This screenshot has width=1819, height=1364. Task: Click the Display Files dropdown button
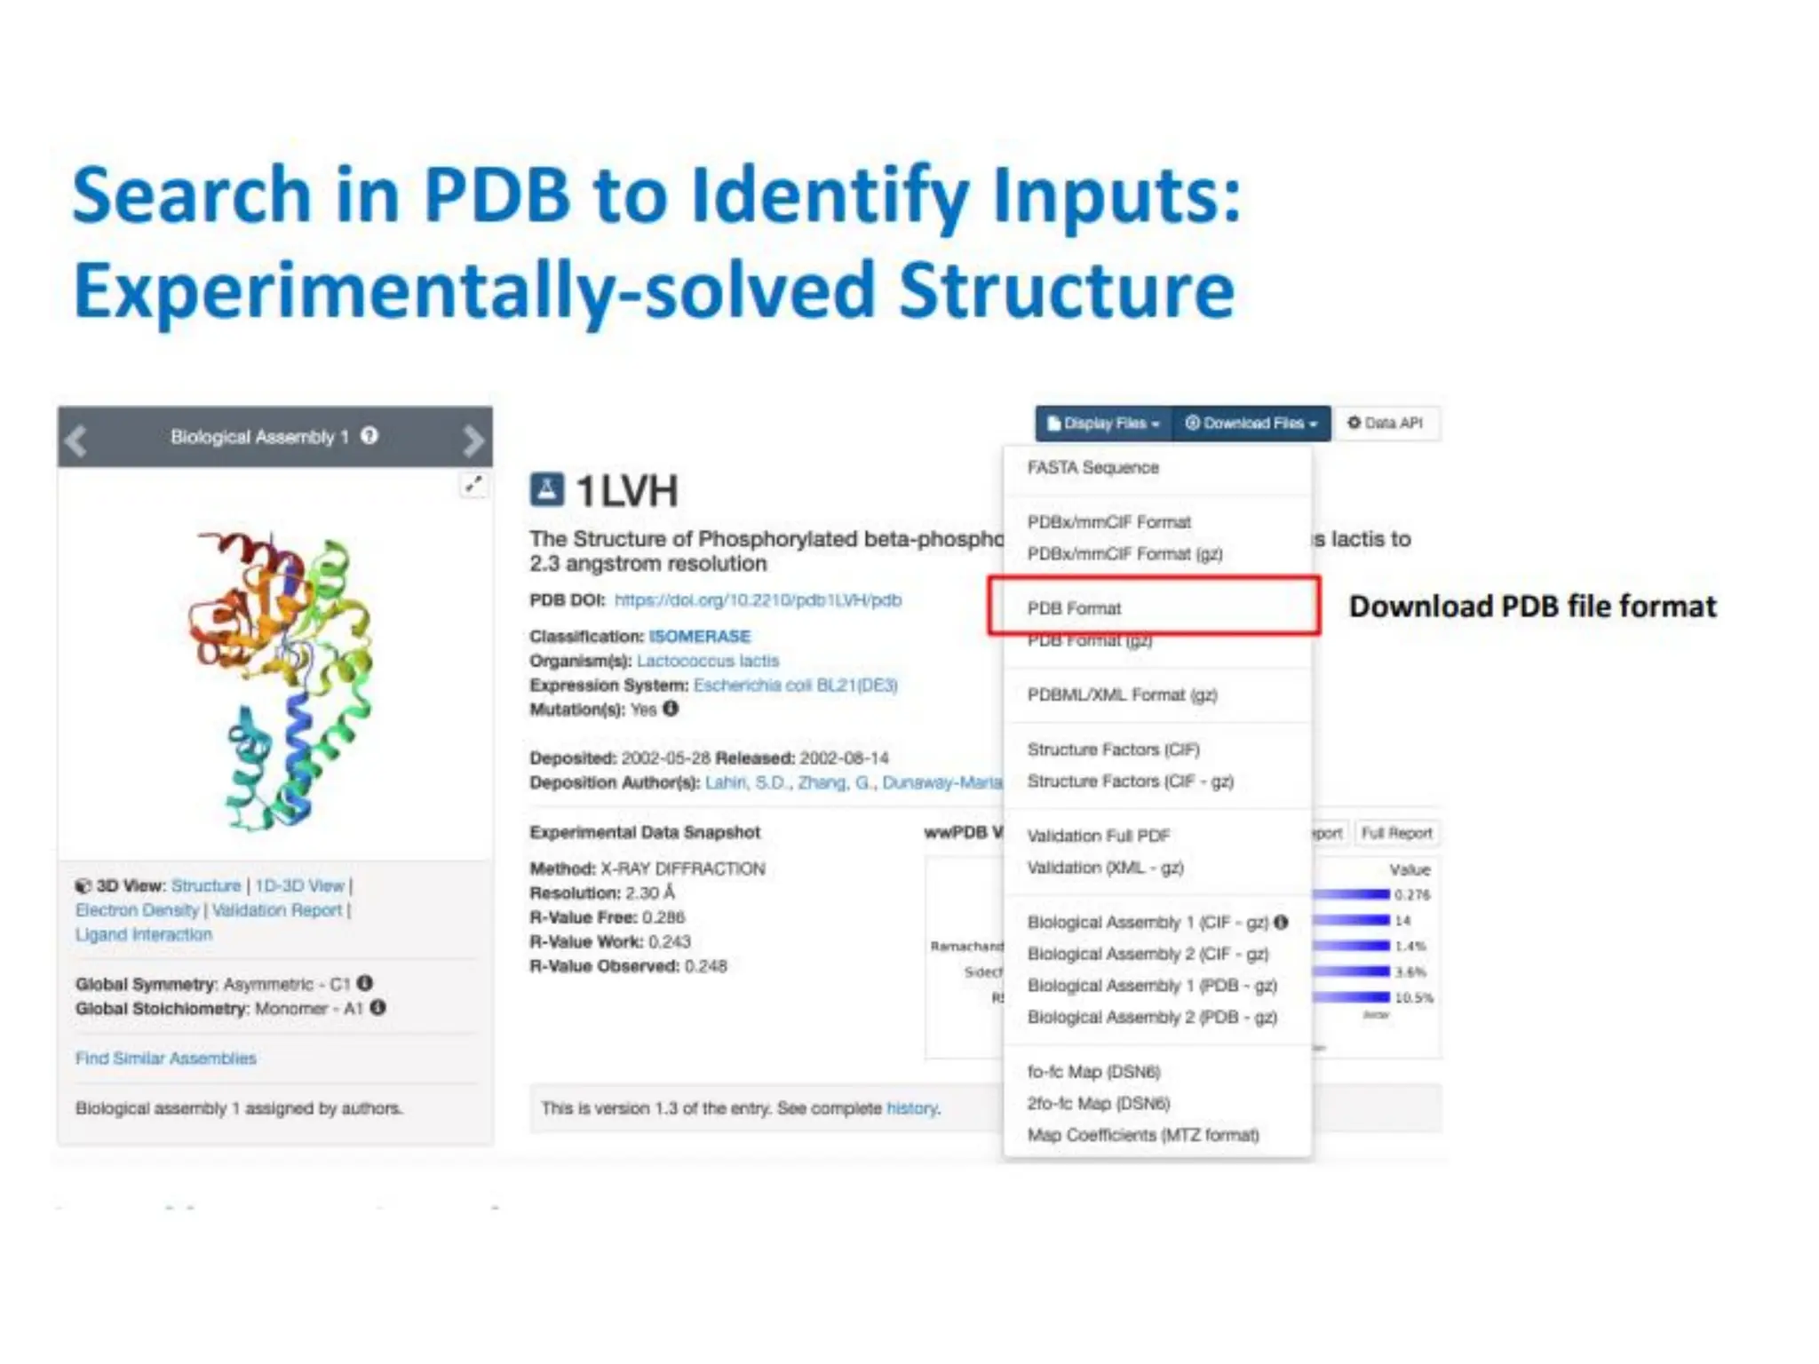[x=1103, y=424]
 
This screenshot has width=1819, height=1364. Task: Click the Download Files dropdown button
[x=1251, y=424]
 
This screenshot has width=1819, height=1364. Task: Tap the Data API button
[x=1386, y=424]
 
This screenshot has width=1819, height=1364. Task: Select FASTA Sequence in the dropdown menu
[x=1092, y=468]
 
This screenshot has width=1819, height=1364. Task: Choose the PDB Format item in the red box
[x=1074, y=608]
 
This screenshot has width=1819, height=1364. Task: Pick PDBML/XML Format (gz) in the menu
[x=1122, y=694]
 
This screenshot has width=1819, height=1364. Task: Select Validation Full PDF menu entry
[x=1098, y=836]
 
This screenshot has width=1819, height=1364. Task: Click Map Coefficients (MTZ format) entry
[x=1143, y=1135]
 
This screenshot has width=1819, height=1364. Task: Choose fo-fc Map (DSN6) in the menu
[x=1093, y=1072]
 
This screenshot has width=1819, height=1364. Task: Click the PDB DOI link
[x=758, y=600]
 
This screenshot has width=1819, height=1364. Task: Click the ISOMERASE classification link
[x=700, y=637]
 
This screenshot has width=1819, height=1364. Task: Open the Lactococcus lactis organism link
[x=708, y=661]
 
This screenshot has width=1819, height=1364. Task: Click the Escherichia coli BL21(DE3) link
[x=795, y=686]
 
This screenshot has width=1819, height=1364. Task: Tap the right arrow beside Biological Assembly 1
[x=473, y=439]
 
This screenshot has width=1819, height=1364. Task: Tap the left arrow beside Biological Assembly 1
[x=77, y=439]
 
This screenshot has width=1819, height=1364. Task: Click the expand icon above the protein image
[x=473, y=484]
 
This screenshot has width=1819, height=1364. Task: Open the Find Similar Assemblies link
[x=166, y=1059]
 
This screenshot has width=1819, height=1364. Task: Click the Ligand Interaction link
[x=144, y=934]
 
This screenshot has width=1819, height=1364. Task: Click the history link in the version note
[x=911, y=1108]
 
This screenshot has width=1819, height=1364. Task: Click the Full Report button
[x=1396, y=833]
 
